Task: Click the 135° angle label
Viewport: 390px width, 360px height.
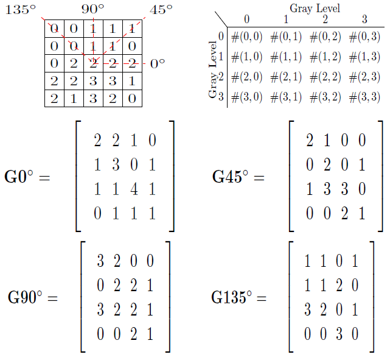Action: point(18,10)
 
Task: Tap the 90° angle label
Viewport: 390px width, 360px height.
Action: point(92,10)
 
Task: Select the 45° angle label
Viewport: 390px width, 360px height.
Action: point(161,10)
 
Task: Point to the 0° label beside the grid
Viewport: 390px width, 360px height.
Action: point(157,63)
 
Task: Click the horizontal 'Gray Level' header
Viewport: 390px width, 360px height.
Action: point(315,8)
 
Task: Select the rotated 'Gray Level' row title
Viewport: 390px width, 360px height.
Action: point(213,69)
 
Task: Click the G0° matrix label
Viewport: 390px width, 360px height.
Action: point(27,178)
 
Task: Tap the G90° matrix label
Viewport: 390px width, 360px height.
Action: point(33,298)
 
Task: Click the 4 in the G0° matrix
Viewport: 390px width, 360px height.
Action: point(133,189)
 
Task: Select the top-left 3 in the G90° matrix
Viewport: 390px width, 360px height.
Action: point(100,263)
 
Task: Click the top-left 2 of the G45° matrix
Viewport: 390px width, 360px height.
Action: point(309,141)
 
